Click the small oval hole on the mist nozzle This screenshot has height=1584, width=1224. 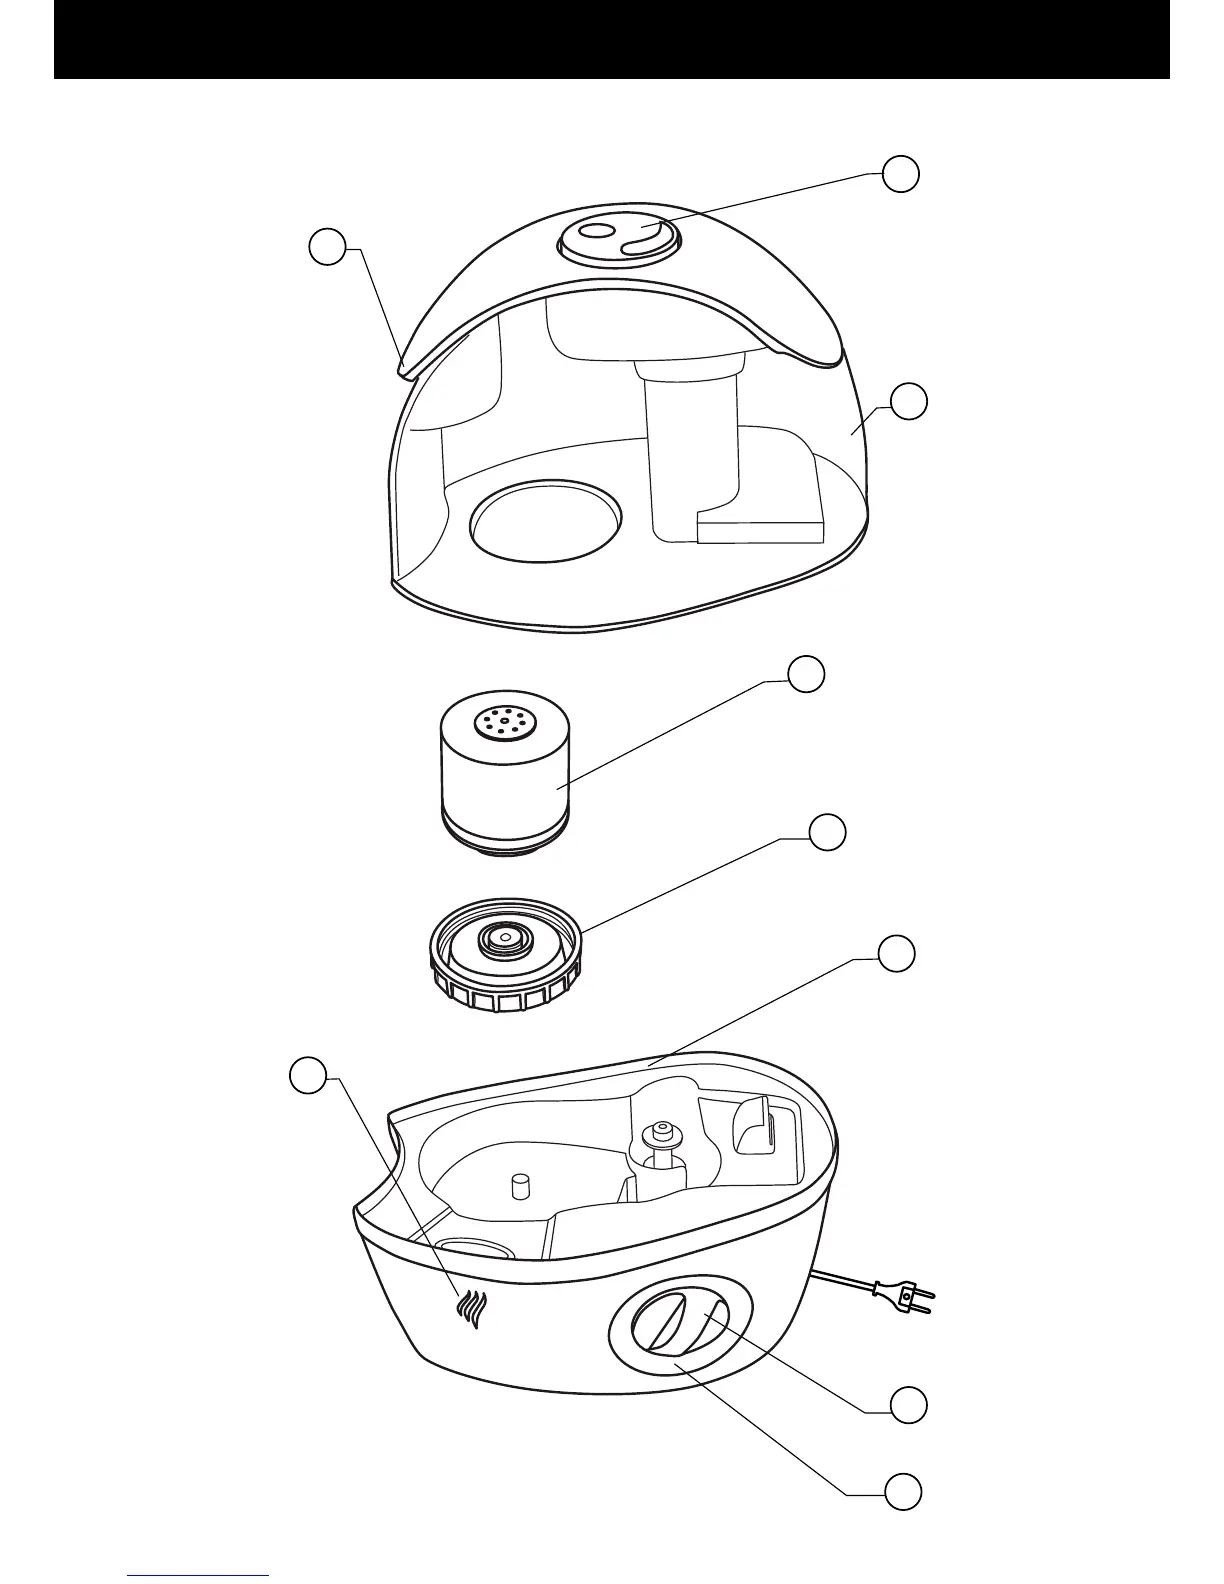point(597,232)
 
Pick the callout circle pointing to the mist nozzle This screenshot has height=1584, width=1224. point(901,174)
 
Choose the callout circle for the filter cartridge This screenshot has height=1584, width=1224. point(807,675)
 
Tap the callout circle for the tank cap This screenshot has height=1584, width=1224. point(827,832)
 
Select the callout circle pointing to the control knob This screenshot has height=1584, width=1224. point(909,1405)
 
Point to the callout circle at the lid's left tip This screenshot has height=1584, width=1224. point(327,247)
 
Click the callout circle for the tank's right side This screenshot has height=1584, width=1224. point(909,400)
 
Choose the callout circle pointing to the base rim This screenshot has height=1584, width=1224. point(897,953)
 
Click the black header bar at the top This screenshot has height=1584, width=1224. point(611,39)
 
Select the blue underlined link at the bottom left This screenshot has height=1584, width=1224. point(199,1577)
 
